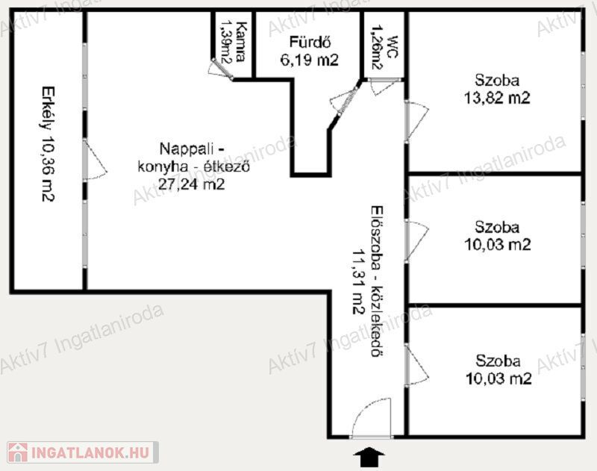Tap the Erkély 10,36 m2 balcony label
(49, 144)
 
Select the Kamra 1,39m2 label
(233, 42)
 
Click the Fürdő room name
(310, 42)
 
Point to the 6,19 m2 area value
(309, 60)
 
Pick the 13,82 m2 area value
(497, 98)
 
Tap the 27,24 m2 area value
(192, 184)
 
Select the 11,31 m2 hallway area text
(358, 281)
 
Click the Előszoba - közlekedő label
(378, 281)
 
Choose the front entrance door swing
(372, 418)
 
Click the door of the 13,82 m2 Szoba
(417, 121)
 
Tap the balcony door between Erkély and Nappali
(96, 160)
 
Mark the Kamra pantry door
(220, 69)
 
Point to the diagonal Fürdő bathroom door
(345, 102)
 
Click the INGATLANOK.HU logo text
(90, 452)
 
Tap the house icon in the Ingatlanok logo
(17, 452)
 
